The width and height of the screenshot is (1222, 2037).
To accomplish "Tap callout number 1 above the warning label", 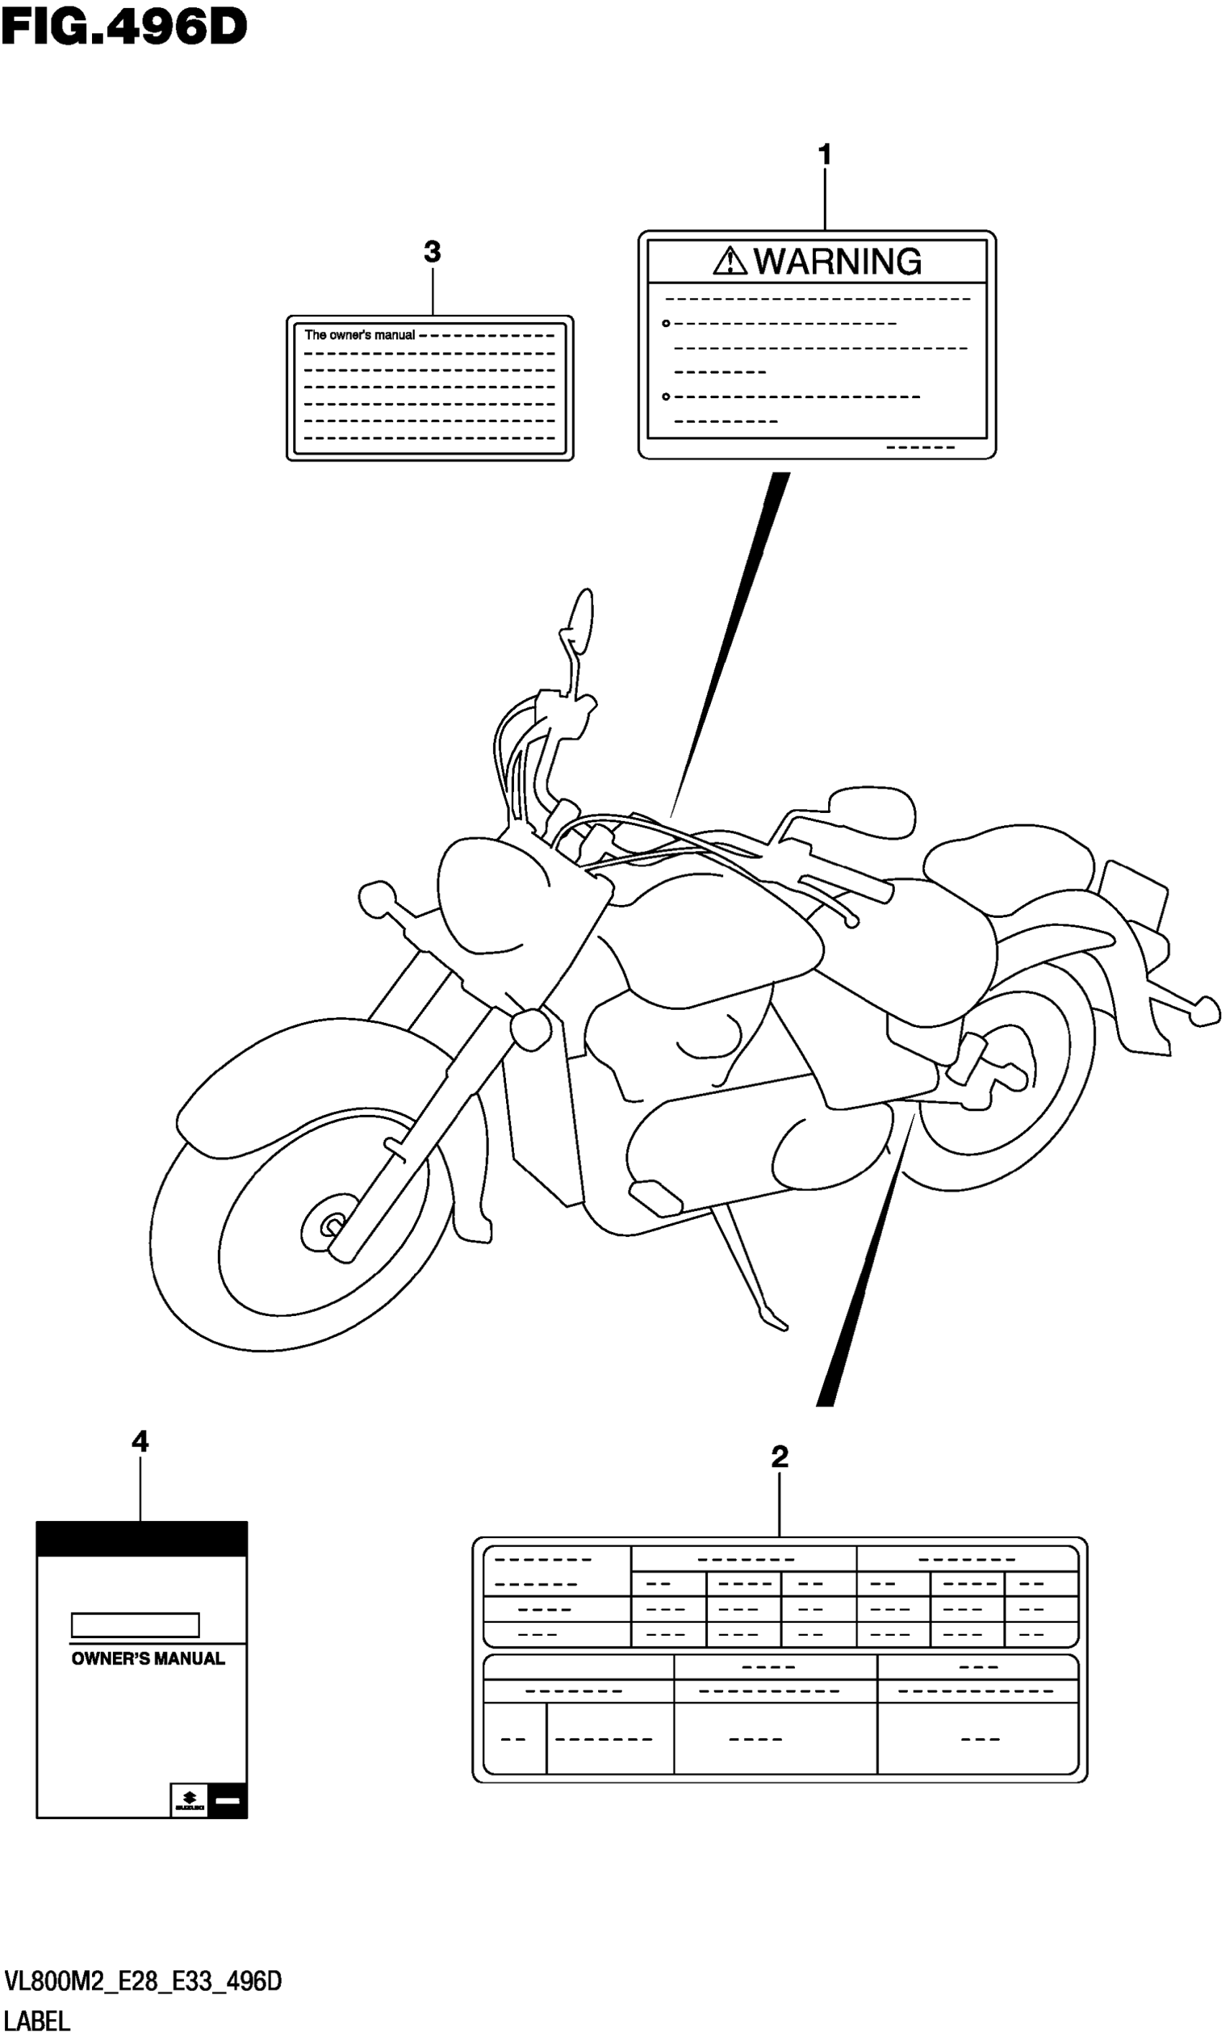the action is click(824, 154).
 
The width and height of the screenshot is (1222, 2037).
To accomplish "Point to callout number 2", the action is click(779, 1456).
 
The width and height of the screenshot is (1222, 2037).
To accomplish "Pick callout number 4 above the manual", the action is click(140, 1441).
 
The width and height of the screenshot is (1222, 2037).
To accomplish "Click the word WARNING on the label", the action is click(837, 262).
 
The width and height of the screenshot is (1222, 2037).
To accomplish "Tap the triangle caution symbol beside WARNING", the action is click(729, 262).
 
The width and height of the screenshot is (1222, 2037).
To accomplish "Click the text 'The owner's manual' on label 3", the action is click(360, 335).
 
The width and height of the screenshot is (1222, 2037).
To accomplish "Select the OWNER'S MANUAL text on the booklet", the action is click(148, 1659).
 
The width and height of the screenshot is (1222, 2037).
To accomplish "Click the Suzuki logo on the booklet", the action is click(189, 1801).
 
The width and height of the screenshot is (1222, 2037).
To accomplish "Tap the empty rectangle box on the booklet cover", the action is click(135, 1624).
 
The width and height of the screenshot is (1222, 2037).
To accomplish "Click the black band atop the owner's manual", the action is click(142, 1538).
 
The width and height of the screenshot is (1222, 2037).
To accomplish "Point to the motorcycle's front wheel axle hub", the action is click(332, 1226).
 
